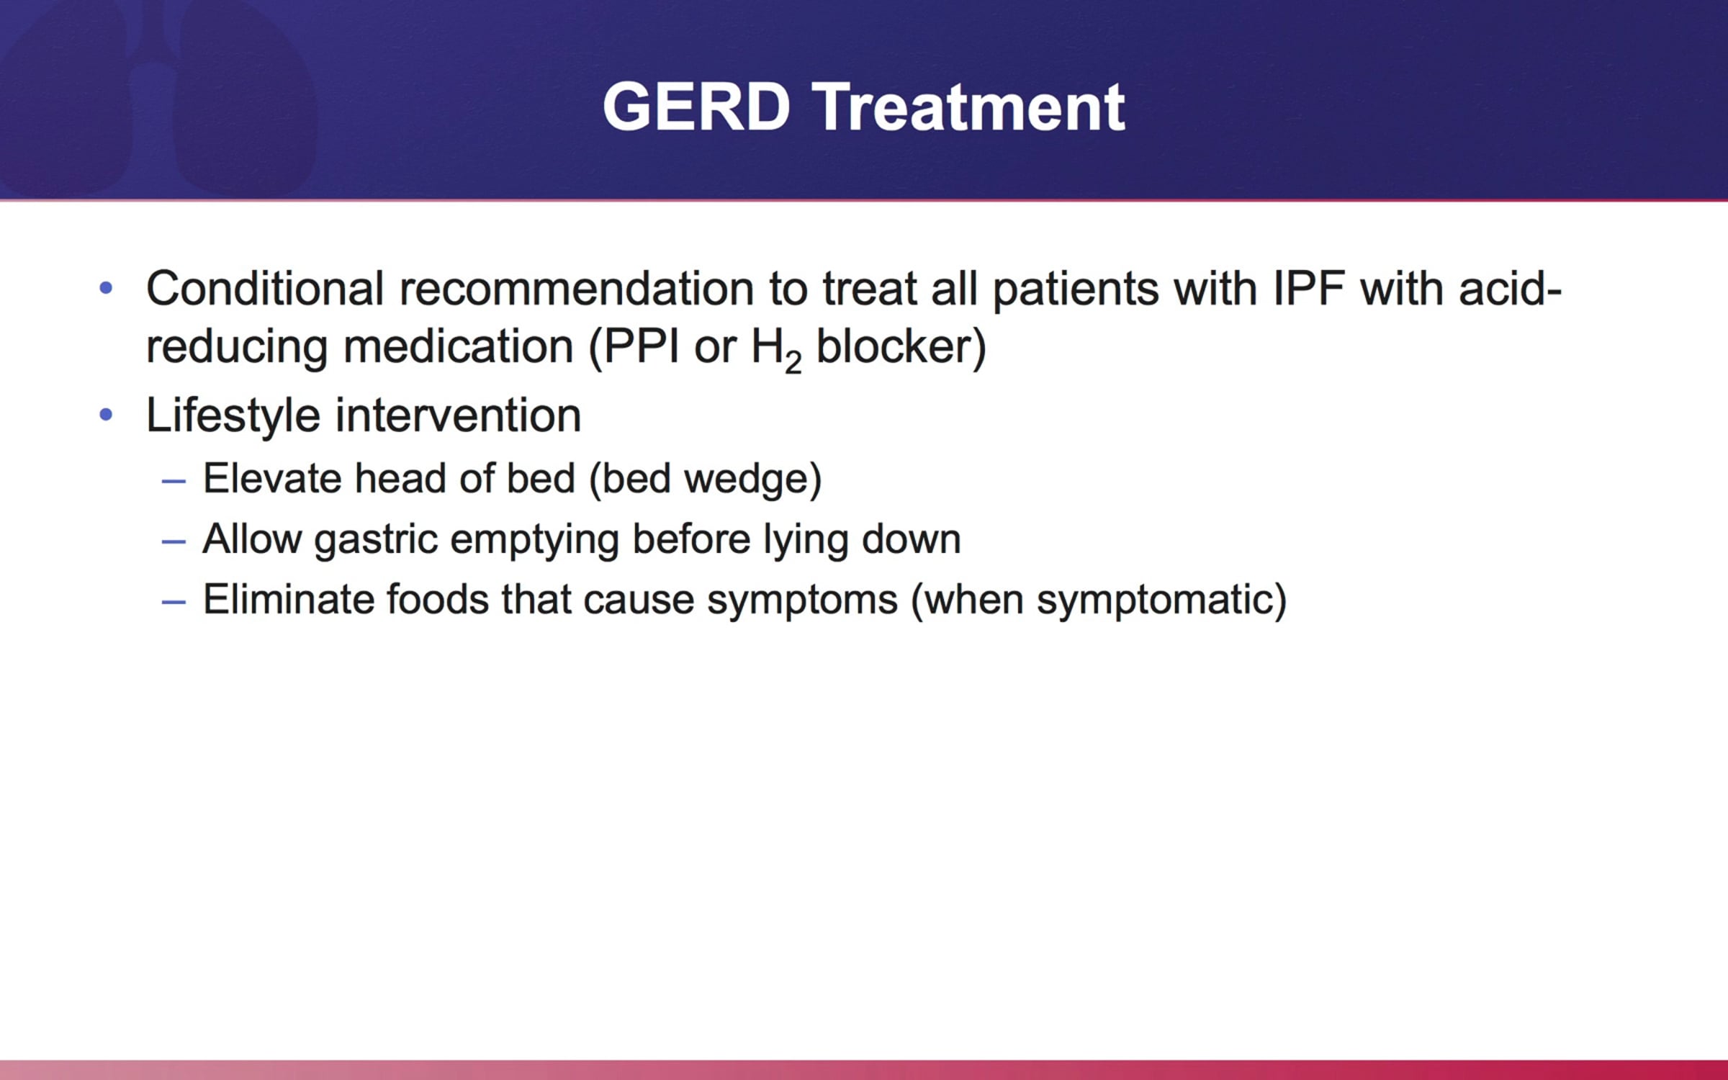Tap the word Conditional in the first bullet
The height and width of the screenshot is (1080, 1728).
tap(265, 289)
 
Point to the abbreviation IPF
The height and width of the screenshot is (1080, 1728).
tap(1308, 289)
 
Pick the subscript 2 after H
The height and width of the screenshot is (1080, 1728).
tap(793, 361)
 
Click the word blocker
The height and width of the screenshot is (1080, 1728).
tap(894, 347)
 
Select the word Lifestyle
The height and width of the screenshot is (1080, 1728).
tap(233, 416)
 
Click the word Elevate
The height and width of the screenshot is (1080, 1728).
tap(272, 479)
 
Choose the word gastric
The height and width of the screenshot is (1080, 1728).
tap(376, 540)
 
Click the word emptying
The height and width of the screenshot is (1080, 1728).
tap(535, 540)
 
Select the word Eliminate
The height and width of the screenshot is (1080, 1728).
tap(289, 599)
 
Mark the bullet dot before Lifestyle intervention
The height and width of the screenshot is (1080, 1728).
tap(106, 415)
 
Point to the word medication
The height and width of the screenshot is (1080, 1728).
tap(458, 347)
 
